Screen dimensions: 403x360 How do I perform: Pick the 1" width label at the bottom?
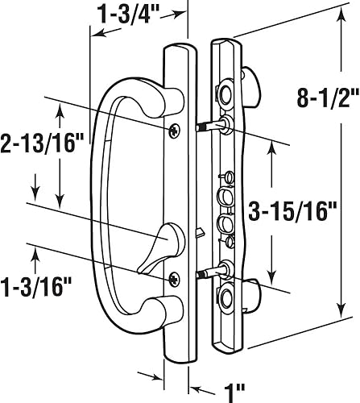pos(234,372)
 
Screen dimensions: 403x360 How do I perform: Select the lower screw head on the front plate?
pos(176,278)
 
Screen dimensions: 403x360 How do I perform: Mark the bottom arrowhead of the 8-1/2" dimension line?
pos(342,310)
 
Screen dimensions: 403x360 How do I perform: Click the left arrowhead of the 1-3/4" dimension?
pos(93,34)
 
